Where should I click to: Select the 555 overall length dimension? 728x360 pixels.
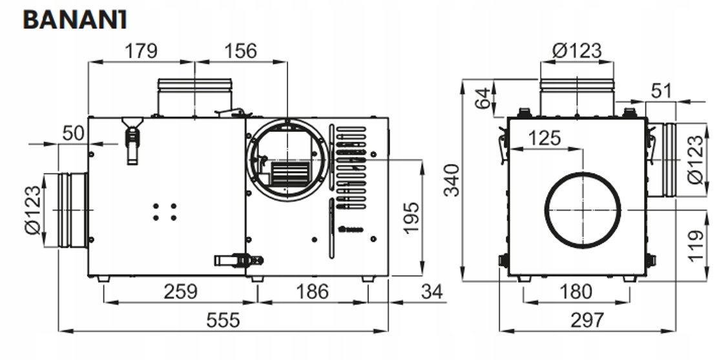[222, 320]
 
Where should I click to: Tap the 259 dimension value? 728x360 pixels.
[180, 291]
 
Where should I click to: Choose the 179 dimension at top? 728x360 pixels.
[140, 50]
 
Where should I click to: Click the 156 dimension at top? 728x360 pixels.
[240, 50]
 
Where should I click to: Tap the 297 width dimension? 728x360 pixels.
[587, 320]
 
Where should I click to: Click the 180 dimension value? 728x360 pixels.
[575, 291]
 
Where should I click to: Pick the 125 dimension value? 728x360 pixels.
[545, 138]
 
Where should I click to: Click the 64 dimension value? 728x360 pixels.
[481, 99]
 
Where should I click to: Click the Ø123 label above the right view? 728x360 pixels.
[577, 50]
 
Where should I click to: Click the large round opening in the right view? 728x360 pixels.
[583, 210]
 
